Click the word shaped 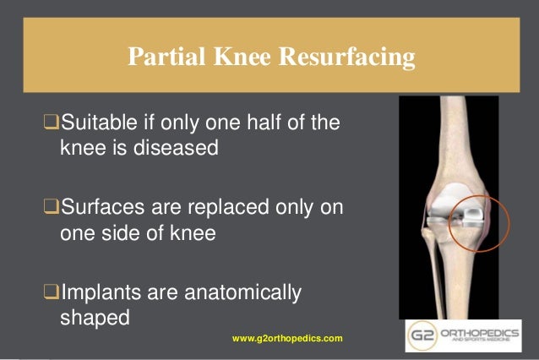tap(95, 317)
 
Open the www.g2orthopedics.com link tap(287, 338)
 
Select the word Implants tap(96, 293)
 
